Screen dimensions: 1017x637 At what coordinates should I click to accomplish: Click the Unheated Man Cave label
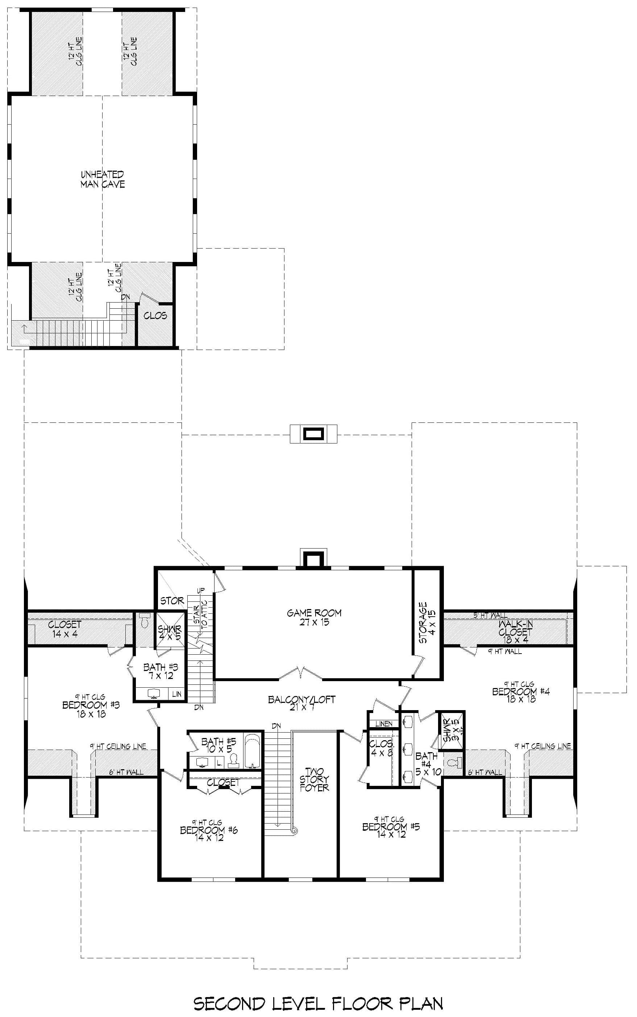click(x=103, y=179)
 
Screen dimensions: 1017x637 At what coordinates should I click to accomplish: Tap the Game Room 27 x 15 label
click(x=314, y=617)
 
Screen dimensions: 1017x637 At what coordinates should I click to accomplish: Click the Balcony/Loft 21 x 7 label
click(x=301, y=703)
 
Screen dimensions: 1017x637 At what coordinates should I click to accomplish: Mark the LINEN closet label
click(x=383, y=724)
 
